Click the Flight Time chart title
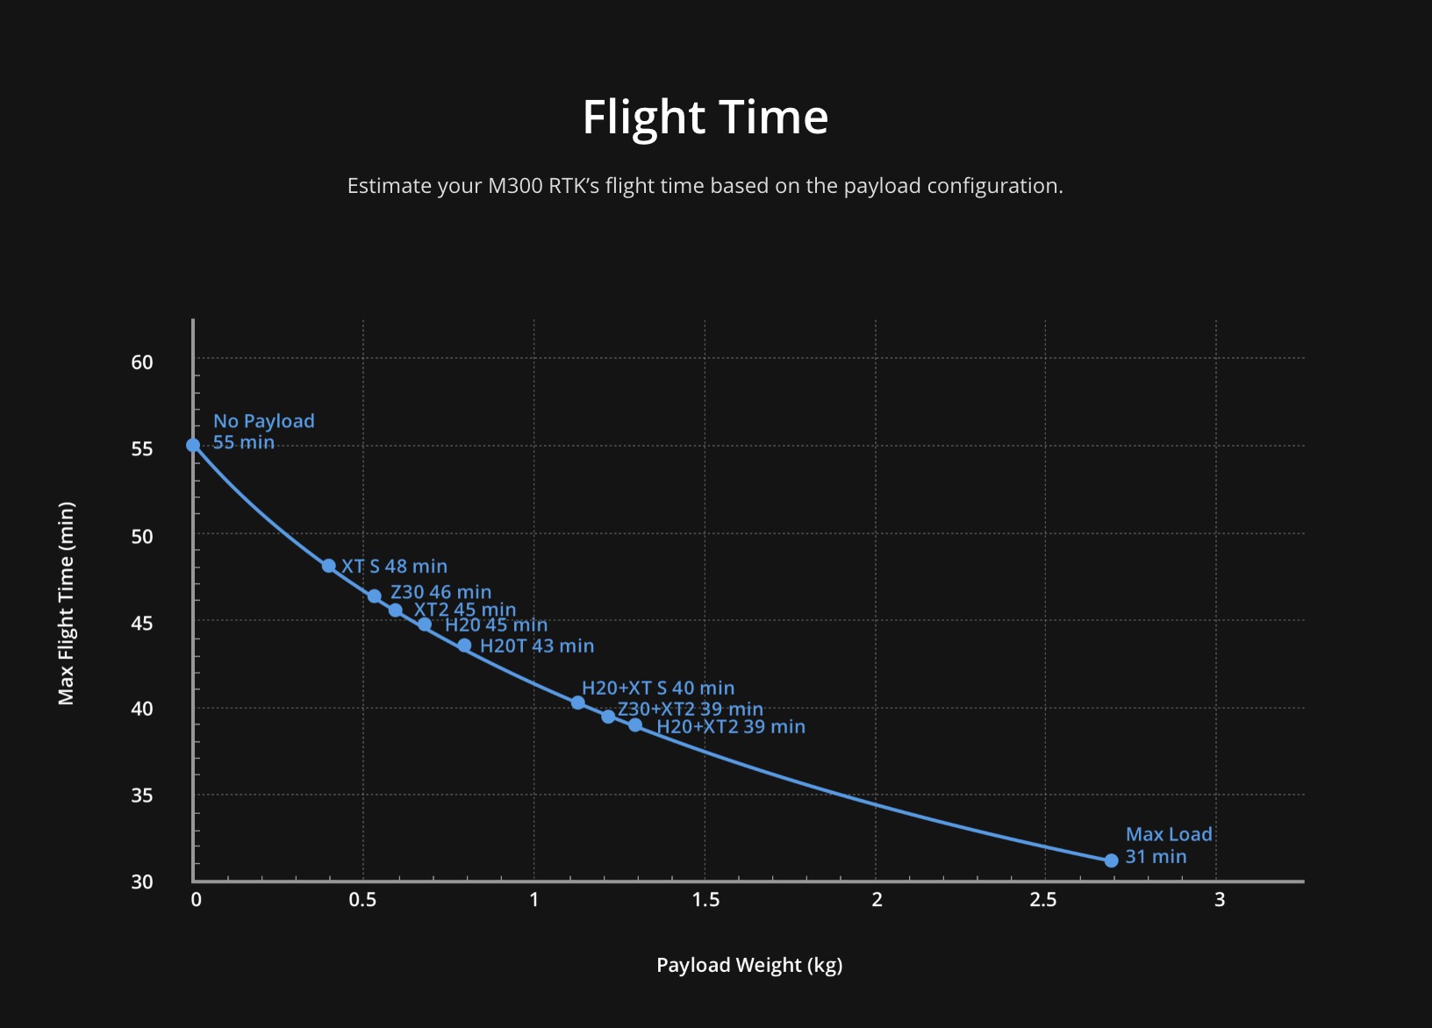(x=705, y=117)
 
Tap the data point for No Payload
(x=193, y=446)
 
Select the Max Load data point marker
(x=1111, y=860)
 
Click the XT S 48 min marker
(x=329, y=566)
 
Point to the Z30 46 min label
(x=440, y=592)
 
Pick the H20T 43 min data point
(x=464, y=646)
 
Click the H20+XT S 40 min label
(x=658, y=688)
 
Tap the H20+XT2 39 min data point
(x=635, y=725)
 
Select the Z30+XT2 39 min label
(x=690, y=709)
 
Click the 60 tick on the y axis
(x=142, y=362)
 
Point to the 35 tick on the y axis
(x=142, y=796)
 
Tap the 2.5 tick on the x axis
(x=1043, y=900)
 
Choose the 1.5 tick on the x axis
(x=705, y=900)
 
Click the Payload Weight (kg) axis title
(x=749, y=965)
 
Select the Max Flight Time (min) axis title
(x=67, y=603)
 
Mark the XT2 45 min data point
(x=396, y=610)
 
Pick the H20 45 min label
(x=496, y=625)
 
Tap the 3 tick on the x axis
(x=1220, y=900)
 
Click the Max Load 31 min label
(x=1168, y=846)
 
